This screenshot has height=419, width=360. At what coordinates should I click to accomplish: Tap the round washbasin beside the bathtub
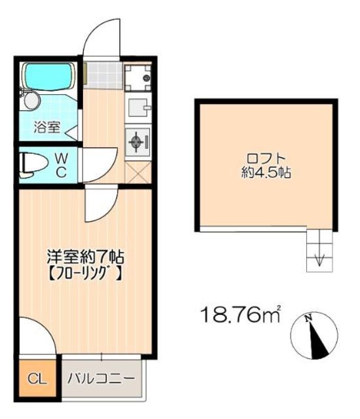(32, 101)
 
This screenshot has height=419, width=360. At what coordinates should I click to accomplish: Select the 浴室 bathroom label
(47, 127)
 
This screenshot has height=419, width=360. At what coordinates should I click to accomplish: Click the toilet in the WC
(33, 165)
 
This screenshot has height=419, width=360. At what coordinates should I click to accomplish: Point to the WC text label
(61, 166)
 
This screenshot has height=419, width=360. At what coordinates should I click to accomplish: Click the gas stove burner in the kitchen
(136, 141)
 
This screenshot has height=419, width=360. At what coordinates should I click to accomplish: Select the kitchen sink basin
(138, 107)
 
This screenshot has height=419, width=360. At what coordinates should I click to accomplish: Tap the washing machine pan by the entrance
(138, 77)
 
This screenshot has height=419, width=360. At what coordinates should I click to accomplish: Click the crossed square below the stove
(138, 173)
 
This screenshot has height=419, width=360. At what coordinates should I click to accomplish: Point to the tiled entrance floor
(103, 75)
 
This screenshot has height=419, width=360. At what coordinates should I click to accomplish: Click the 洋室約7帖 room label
(85, 257)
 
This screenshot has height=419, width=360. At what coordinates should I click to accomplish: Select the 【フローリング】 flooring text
(86, 274)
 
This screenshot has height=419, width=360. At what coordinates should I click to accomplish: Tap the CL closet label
(37, 379)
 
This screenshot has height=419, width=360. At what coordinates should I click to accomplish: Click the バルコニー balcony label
(101, 378)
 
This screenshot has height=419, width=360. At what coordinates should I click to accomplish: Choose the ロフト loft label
(266, 158)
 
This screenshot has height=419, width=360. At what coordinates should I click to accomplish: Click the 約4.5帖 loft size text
(266, 173)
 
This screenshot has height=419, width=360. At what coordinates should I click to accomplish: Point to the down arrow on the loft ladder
(319, 259)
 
